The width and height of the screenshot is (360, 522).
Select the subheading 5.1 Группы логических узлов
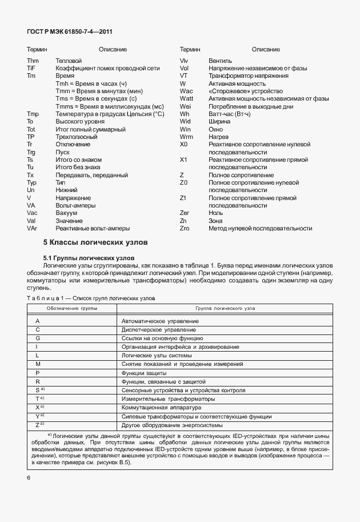click(89, 258)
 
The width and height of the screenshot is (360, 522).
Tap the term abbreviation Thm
click(32, 60)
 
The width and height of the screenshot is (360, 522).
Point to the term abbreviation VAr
click(32, 228)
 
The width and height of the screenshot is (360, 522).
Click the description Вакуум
click(66, 213)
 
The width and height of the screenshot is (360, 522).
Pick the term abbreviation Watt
click(186, 98)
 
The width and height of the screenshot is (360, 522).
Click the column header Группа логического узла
click(225, 308)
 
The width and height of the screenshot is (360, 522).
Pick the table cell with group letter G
click(37, 338)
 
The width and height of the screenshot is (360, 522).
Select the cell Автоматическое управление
click(160, 321)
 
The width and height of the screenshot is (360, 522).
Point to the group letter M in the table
click(38, 364)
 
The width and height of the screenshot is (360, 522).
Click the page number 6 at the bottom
click(28, 477)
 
